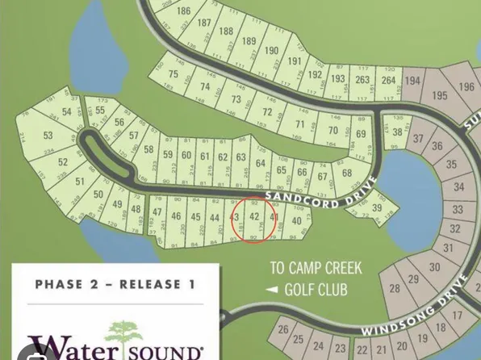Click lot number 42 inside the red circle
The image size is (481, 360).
point(254,217)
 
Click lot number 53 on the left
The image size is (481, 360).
point(48,135)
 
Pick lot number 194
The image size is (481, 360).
point(413,81)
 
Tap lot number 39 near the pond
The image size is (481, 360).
point(377,208)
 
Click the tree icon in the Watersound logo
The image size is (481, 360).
point(123,334)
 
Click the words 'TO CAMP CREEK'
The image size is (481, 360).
point(316,267)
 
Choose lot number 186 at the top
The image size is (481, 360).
point(184,10)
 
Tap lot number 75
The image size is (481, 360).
point(173,73)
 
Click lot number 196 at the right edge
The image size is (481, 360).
point(466,87)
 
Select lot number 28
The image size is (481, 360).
point(395,288)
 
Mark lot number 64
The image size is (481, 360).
point(260,163)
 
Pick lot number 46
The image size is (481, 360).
point(176,216)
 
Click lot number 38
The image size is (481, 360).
point(397,132)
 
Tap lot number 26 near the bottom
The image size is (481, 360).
point(283,330)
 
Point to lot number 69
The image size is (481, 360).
point(361,134)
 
